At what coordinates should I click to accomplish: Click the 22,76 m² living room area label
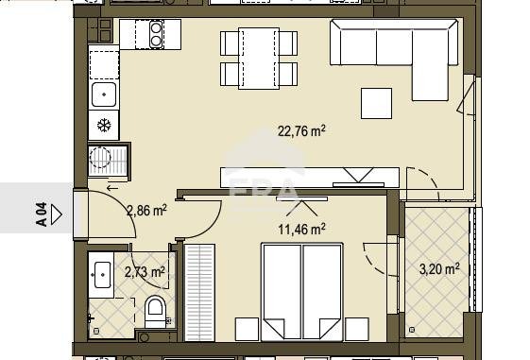point(301,130)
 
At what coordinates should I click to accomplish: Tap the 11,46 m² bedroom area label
point(301,229)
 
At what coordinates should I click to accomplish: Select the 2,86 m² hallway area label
point(146,211)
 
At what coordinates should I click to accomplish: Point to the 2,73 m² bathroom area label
point(145,271)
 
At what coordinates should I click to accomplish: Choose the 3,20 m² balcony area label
point(439,269)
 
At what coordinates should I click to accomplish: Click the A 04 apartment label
point(42,214)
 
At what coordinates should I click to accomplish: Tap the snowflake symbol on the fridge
point(104,126)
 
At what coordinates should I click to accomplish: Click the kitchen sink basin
point(104,94)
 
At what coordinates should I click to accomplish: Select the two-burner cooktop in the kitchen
point(156,34)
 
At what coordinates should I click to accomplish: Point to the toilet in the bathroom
point(155,311)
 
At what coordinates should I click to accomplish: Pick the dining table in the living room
point(259,59)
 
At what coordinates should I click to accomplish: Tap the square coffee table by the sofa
point(376,103)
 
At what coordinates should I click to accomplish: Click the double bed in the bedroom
point(302,291)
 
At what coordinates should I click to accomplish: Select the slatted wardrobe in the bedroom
point(199,293)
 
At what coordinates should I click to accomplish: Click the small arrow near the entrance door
point(112,188)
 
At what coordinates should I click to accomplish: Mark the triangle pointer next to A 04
point(57,214)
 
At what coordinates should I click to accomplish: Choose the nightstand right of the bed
point(356,329)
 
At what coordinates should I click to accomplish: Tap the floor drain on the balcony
point(412,330)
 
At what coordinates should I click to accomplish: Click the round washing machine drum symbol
point(100,158)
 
